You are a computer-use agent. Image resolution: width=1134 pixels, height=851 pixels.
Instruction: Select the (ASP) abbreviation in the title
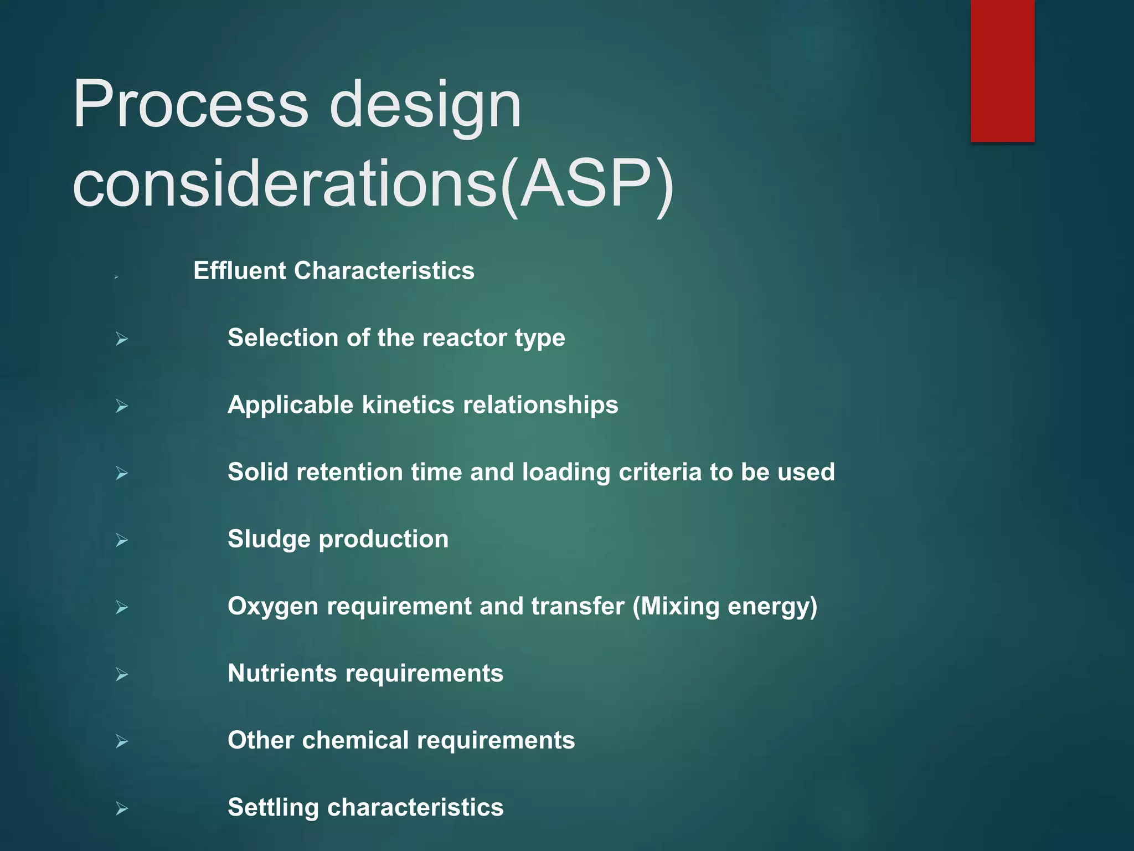tap(587, 184)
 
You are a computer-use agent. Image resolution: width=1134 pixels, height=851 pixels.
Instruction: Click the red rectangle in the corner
tap(1002, 70)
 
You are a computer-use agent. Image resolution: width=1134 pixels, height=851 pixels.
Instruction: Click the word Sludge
tap(269, 539)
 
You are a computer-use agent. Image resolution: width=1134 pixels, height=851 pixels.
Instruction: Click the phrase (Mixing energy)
tap(725, 607)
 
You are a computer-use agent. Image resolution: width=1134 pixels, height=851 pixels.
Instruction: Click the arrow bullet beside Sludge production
tap(122, 540)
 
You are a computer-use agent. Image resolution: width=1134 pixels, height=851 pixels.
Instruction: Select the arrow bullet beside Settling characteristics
tap(122, 809)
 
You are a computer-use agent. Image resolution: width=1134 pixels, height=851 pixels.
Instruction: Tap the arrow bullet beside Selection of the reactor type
tap(122, 339)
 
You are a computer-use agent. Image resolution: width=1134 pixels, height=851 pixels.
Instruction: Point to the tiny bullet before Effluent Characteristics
tap(116, 276)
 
